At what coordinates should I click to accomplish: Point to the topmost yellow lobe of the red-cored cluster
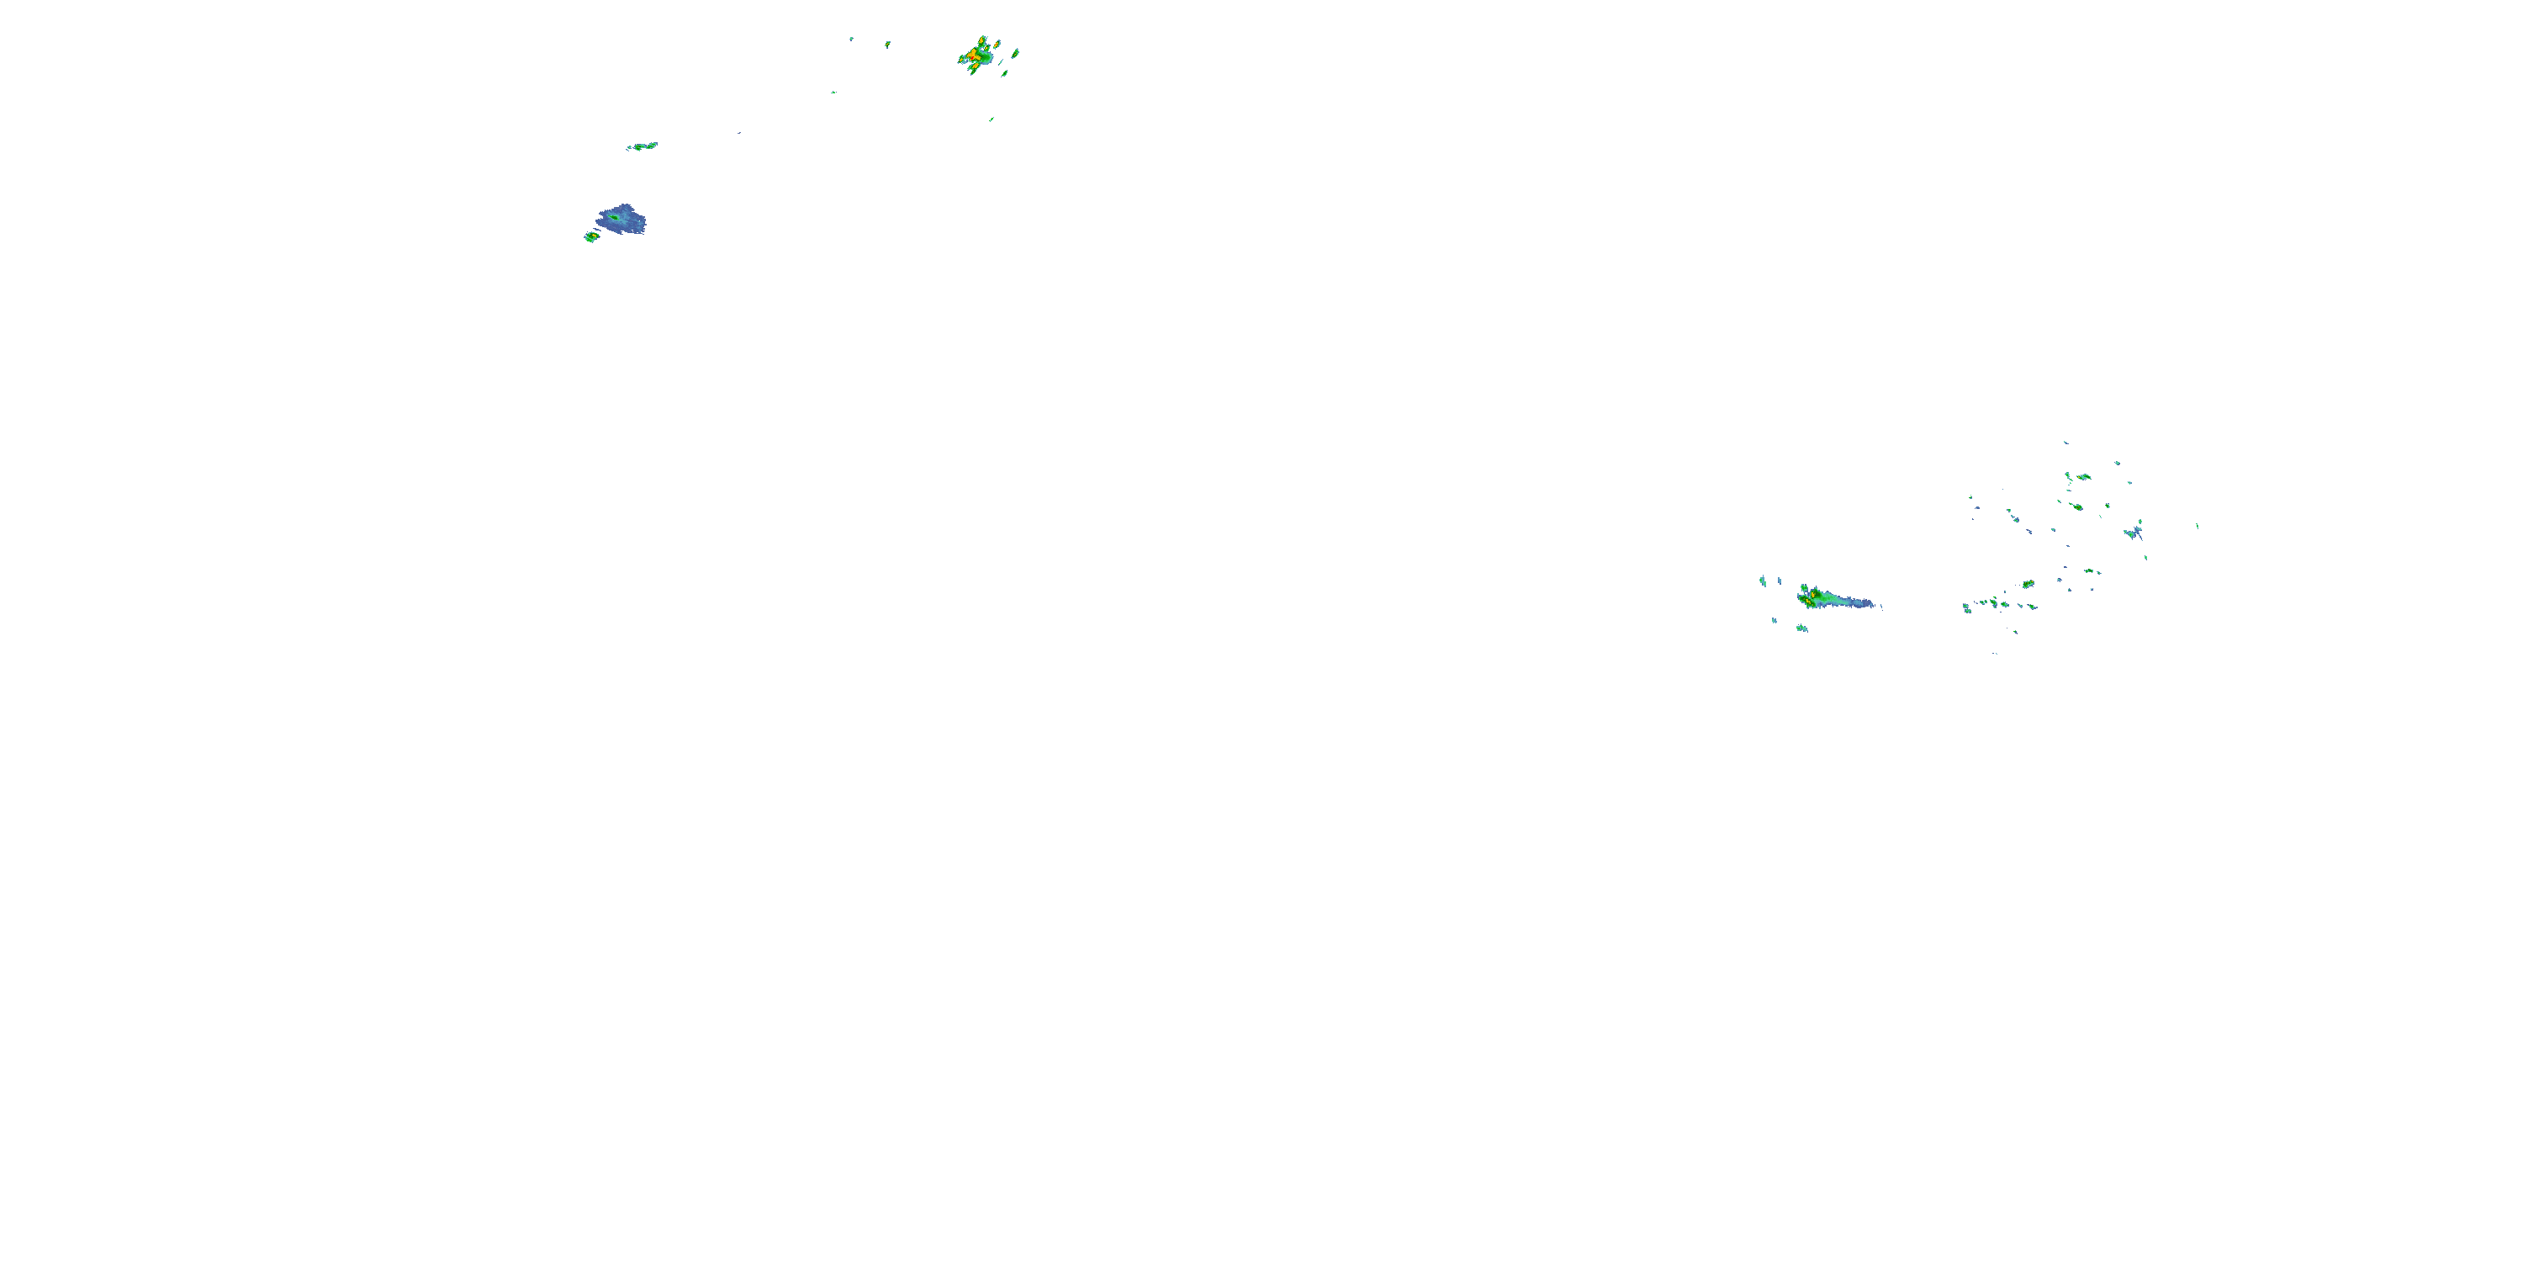982,40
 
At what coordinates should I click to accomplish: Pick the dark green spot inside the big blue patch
615,216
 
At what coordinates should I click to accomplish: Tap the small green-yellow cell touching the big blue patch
590,236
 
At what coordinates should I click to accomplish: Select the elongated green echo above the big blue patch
643,146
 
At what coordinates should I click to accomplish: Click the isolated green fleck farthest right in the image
2197,525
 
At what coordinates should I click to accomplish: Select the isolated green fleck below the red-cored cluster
992,119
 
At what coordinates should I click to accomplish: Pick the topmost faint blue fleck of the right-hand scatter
2065,443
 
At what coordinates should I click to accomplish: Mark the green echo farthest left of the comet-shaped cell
1762,581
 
